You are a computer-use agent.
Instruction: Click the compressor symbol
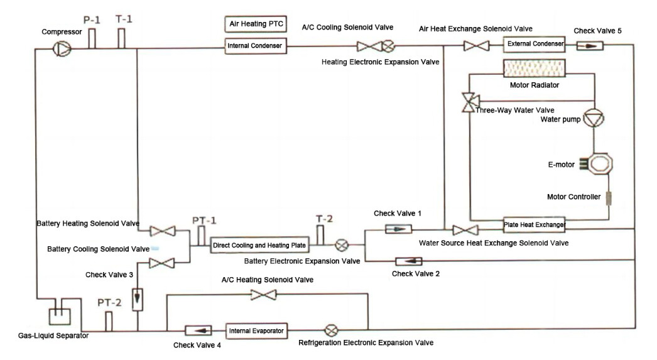point(62,49)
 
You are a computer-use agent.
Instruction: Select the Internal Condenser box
point(256,46)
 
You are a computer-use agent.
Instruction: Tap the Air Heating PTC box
point(256,24)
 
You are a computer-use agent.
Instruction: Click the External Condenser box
point(535,44)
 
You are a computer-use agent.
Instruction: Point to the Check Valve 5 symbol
point(590,45)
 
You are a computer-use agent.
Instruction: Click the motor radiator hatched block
point(535,68)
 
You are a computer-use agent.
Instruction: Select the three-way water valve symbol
point(470,102)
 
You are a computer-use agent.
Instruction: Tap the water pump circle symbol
point(594,118)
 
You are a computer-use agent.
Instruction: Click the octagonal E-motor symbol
point(599,164)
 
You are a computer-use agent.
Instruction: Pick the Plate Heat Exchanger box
point(535,225)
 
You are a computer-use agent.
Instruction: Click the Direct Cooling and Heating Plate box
point(260,245)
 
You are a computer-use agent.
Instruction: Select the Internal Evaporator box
point(256,331)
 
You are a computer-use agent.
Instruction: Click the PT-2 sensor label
point(109,303)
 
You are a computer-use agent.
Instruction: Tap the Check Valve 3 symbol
point(138,299)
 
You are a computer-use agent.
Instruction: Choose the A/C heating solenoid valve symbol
point(263,295)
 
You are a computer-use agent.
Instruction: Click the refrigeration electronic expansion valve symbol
point(332,331)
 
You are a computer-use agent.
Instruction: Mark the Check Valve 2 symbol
point(409,261)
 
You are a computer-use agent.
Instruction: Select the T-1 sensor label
point(124,19)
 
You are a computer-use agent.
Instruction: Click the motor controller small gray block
point(609,199)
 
